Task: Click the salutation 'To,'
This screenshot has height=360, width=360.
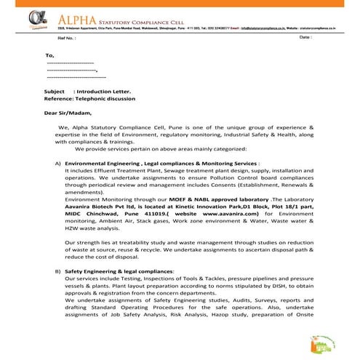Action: (49, 55)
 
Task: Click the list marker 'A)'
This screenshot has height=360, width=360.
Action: (57, 164)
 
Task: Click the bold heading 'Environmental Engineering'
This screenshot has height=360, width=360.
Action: (102, 164)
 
